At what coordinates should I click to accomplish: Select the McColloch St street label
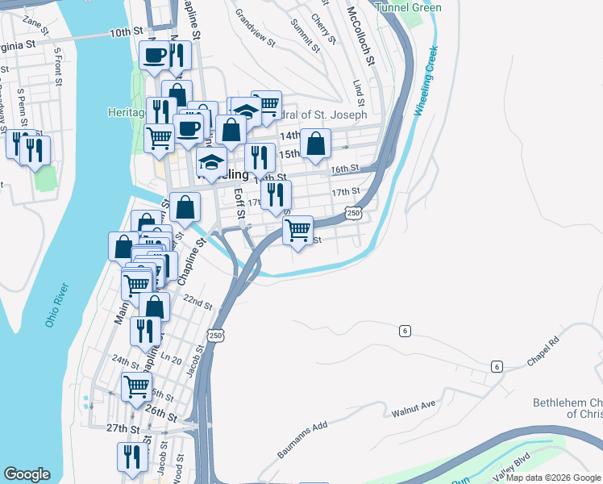(361, 35)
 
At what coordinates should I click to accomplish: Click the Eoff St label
(239, 203)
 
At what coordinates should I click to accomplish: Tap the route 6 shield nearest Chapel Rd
(497, 367)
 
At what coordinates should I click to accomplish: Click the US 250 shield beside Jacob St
(214, 335)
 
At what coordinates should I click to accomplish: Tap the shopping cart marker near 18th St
(298, 231)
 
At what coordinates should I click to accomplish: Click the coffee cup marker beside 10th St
(154, 56)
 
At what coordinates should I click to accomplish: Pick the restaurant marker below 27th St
(131, 456)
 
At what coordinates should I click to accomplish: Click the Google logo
(27, 474)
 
